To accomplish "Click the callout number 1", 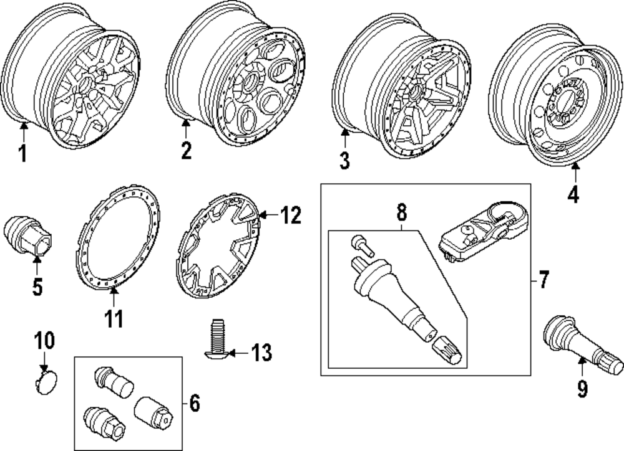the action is click(x=23, y=153).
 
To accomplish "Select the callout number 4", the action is click(x=573, y=195).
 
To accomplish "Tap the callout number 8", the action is click(x=402, y=212).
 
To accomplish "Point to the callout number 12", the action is click(x=291, y=216).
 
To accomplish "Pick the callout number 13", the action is click(x=261, y=353).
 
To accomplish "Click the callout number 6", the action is click(x=194, y=403).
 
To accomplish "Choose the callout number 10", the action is click(x=44, y=340).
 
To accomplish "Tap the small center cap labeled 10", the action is click(x=46, y=381).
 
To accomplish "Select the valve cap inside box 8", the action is click(x=447, y=349).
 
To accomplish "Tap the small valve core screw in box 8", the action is click(x=362, y=245).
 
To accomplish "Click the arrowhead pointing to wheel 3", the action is click(x=344, y=133).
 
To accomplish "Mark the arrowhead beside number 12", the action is click(x=263, y=216).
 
